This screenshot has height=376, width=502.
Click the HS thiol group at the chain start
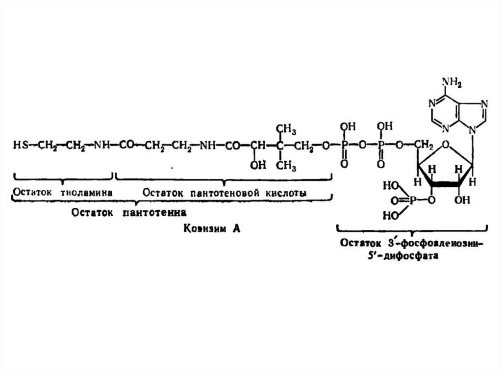(x=20, y=145)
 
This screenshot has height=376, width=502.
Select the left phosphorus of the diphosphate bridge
(x=344, y=146)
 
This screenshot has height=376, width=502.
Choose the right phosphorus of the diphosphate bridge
(x=379, y=146)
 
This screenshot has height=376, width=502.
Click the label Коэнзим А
(x=212, y=229)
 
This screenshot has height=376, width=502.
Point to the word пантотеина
(x=157, y=213)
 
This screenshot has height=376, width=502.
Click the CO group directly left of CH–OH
(x=233, y=145)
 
